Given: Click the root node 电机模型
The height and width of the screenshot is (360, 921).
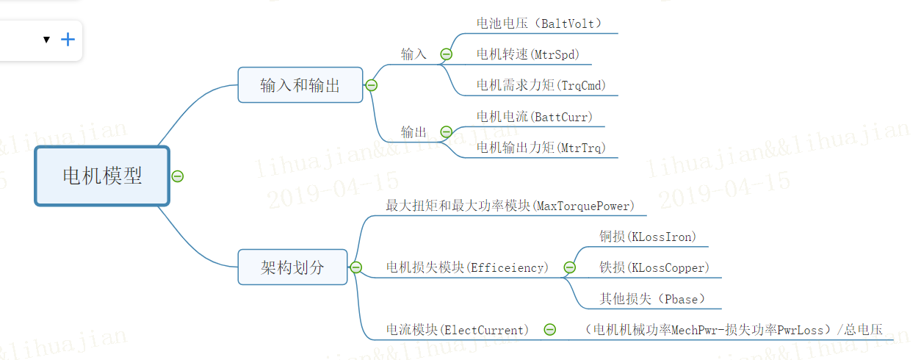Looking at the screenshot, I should pyautogui.click(x=102, y=176).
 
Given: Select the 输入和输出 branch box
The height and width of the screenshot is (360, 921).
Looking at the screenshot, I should pyautogui.click(x=300, y=85).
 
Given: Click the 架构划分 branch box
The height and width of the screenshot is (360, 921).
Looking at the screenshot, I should pyautogui.click(x=292, y=267).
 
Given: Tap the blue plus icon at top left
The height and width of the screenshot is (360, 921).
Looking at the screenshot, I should pyautogui.click(x=68, y=40).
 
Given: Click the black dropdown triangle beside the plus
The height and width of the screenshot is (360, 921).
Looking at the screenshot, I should pyautogui.click(x=46, y=40).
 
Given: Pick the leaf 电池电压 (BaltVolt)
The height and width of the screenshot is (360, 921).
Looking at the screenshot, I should pyautogui.click(x=539, y=24).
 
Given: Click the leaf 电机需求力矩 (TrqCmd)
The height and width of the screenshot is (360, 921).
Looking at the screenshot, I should pyautogui.click(x=541, y=85).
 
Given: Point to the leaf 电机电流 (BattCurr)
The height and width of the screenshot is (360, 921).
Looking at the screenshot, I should pyautogui.click(x=534, y=117).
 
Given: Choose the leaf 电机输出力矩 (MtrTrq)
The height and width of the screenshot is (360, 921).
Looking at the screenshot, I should pyautogui.click(x=541, y=148).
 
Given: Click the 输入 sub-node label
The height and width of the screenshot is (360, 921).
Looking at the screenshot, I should pyautogui.click(x=413, y=54).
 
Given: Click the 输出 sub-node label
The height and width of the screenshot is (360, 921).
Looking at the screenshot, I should pyautogui.click(x=413, y=132).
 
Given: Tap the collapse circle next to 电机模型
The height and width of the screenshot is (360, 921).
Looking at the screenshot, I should pyautogui.click(x=177, y=176).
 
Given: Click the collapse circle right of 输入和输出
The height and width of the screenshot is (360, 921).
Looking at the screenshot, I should pyautogui.click(x=371, y=85).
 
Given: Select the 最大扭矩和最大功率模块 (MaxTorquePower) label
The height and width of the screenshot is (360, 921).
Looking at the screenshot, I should pyautogui.click(x=510, y=206).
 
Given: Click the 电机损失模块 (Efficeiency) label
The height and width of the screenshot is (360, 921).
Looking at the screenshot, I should pyautogui.click(x=467, y=267).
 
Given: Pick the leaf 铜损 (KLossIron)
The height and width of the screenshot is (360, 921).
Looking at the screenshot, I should pyautogui.click(x=648, y=237).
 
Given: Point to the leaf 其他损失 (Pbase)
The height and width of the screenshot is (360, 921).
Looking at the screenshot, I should pyautogui.click(x=652, y=299).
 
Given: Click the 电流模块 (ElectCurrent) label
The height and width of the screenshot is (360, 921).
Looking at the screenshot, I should pyautogui.click(x=457, y=330).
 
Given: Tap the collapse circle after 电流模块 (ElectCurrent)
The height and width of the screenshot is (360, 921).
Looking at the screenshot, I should pyautogui.click(x=549, y=330).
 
